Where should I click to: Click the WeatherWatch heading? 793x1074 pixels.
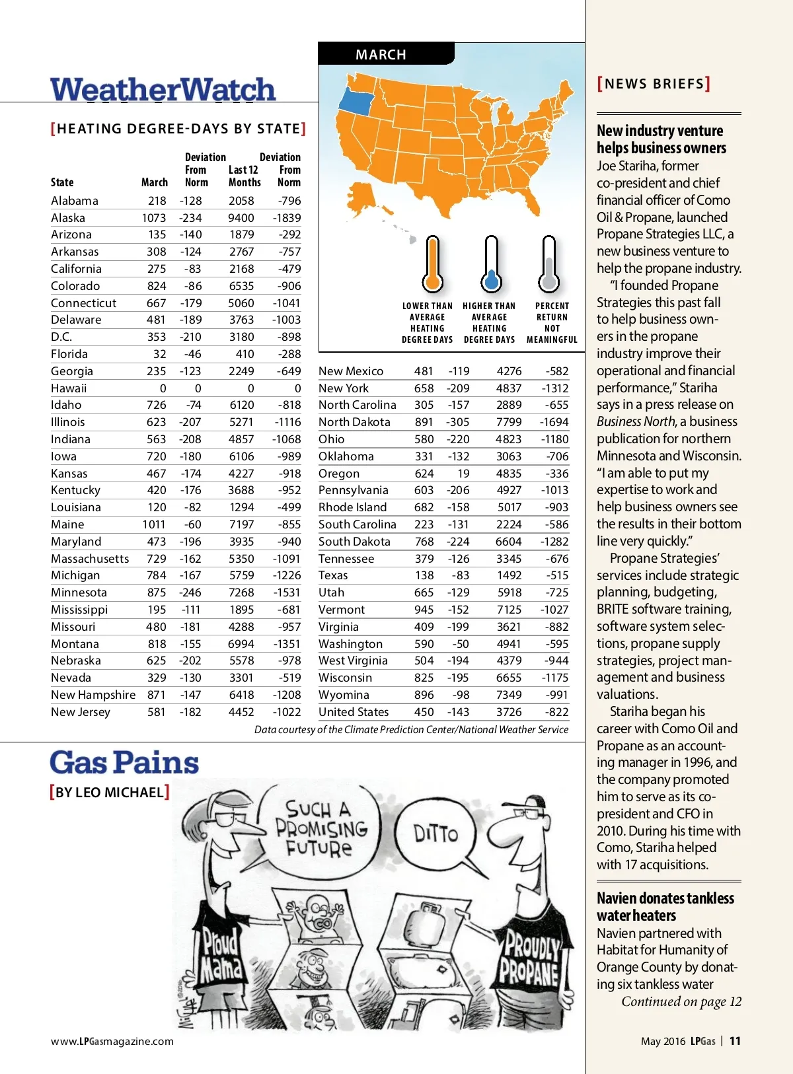click(163, 90)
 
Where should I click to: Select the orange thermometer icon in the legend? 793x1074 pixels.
click(432, 264)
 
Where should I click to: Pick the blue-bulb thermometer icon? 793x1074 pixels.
click(490, 264)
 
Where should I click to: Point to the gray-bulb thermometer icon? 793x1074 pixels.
click(548, 264)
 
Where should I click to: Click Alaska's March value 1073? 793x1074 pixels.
click(153, 218)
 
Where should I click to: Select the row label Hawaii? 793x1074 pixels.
click(69, 388)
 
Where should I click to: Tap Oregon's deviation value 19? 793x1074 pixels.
click(463, 474)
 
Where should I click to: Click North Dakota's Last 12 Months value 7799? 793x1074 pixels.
click(509, 422)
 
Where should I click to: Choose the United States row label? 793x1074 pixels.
click(354, 712)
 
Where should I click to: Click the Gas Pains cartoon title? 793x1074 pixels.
click(124, 763)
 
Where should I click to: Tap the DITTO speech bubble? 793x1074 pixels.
click(435, 834)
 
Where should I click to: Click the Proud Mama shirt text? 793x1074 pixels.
click(221, 954)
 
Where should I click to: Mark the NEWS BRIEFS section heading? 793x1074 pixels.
click(654, 84)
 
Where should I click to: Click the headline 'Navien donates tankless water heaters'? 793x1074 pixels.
click(665, 907)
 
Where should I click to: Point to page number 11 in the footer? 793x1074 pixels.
click(735, 1041)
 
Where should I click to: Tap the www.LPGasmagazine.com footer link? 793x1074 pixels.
click(112, 1042)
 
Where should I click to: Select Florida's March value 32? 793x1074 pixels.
click(159, 354)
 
